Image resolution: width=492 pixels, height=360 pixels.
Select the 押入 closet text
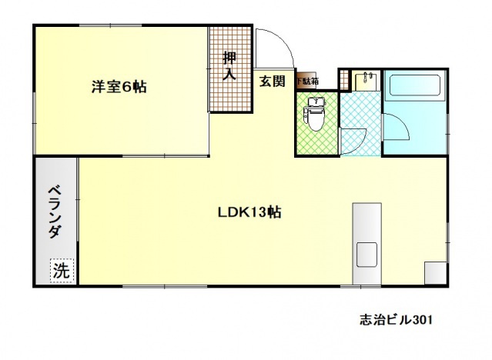point(229,66)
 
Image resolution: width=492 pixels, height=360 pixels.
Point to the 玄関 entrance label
point(272,80)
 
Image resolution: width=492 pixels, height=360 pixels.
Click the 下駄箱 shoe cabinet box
point(307,80)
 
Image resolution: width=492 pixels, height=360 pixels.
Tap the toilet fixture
point(314,114)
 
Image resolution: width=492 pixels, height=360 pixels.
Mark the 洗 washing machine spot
point(61,270)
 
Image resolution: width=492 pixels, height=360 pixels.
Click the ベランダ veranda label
point(54,212)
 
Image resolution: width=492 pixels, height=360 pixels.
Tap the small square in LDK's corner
point(435,273)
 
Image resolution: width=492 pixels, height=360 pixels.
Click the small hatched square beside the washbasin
point(344,80)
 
